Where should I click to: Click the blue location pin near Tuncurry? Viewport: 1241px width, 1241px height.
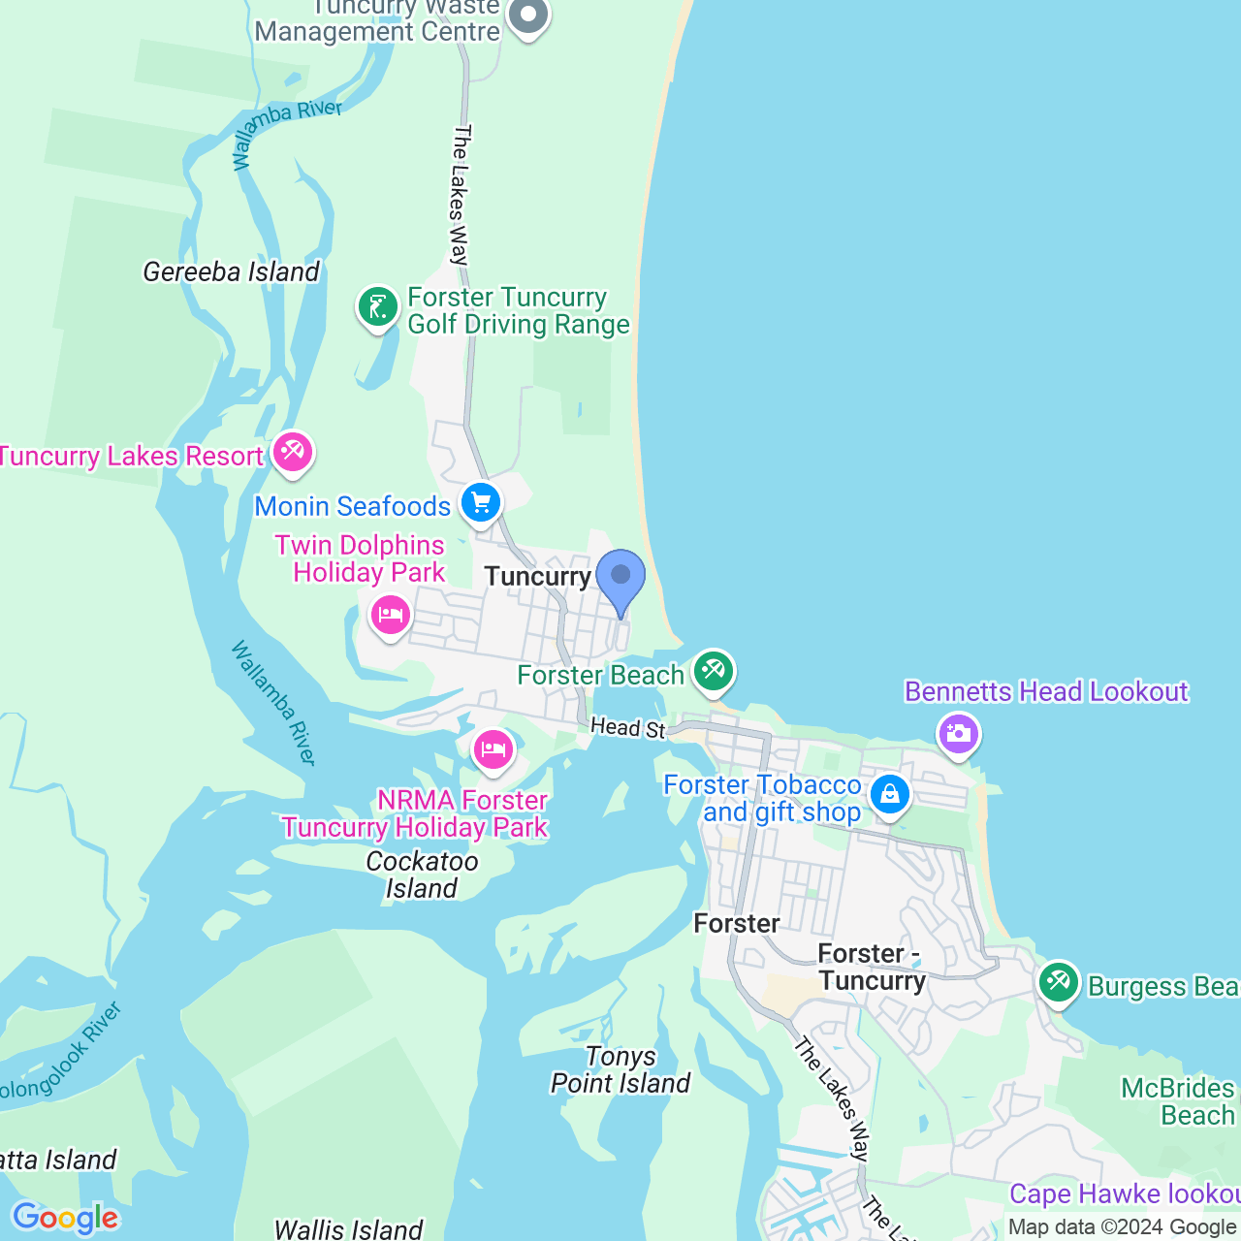click(x=620, y=578)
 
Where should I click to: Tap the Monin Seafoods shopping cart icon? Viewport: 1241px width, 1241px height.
click(x=481, y=502)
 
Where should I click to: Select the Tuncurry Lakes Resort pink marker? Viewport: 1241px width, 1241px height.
click(x=292, y=452)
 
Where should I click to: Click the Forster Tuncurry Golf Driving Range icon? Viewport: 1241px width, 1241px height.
click(x=377, y=307)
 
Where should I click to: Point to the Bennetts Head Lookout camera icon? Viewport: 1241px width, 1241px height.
click(x=958, y=733)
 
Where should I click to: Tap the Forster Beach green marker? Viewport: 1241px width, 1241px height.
click(x=714, y=671)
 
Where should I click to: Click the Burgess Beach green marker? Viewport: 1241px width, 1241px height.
click(x=1058, y=982)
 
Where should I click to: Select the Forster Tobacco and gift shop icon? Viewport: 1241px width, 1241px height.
click(x=889, y=795)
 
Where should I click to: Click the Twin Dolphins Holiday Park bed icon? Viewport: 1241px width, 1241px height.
click(x=390, y=615)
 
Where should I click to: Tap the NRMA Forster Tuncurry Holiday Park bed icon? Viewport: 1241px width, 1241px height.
click(x=493, y=749)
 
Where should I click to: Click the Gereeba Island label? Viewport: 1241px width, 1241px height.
click(x=231, y=271)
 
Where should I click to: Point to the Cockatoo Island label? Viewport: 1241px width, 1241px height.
click(x=422, y=875)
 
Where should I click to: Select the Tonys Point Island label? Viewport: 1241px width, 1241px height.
click(x=620, y=1069)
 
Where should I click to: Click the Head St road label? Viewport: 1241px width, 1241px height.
click(x=627, y=727)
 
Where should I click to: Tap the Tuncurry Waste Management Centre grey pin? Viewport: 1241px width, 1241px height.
click(x=528, y=16)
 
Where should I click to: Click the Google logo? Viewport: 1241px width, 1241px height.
click(x=65, y=1218)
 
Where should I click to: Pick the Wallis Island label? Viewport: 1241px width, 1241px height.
click(x=348, y=1229)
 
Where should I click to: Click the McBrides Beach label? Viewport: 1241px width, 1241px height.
click(x=1179, y=1101)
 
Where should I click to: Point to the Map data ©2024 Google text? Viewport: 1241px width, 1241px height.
click(x=1122, y=1226)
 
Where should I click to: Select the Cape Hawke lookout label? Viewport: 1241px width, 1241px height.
click(x=1125, y=1193)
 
